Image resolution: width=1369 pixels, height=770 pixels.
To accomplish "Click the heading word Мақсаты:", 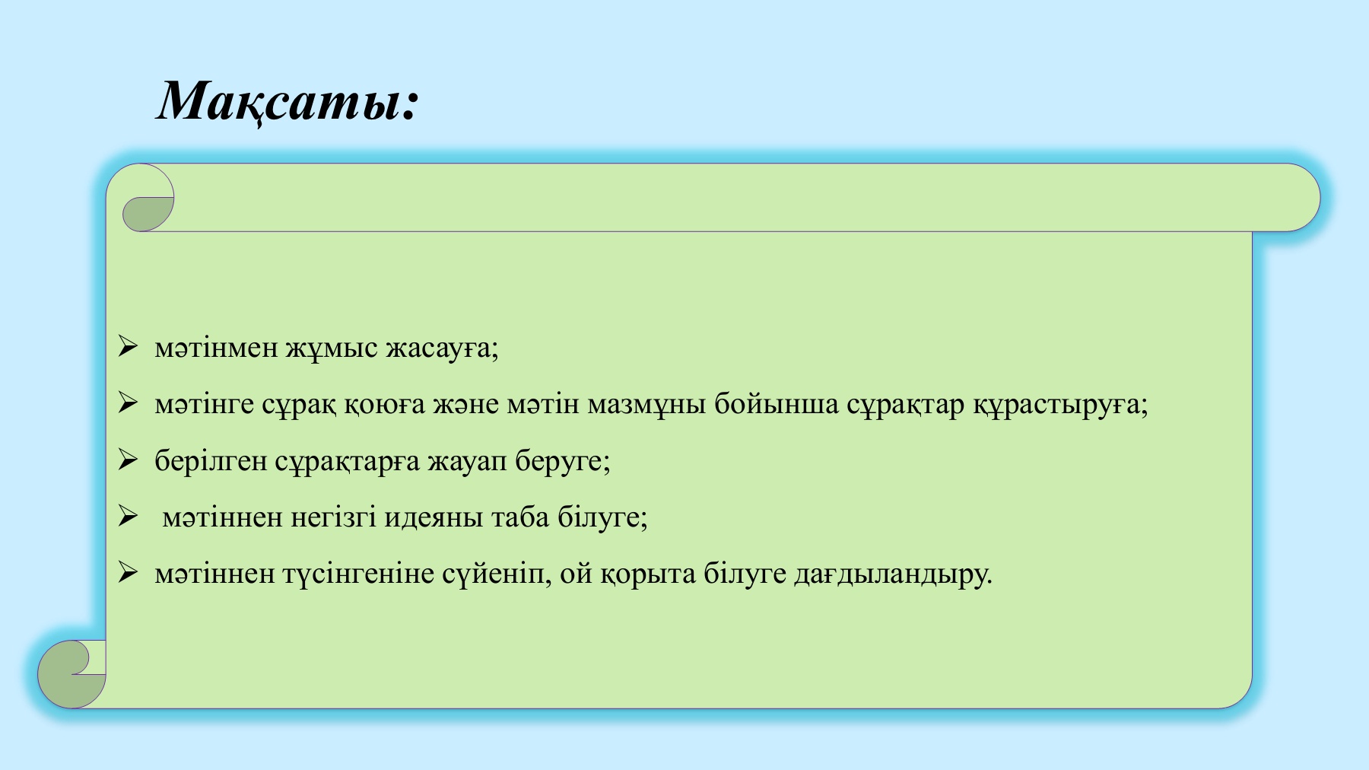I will tap(287, 101).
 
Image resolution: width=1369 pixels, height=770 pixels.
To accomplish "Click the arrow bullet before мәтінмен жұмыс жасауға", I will tap(128, 347).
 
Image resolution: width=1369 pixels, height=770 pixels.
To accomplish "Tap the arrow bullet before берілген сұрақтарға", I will tap(128, 460).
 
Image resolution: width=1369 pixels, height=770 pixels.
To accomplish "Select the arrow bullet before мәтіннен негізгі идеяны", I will tap(128, 517).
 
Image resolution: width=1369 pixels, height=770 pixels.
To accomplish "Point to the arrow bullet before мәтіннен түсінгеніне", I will tap(128, 573).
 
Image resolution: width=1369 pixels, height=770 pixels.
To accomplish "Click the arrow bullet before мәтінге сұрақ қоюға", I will tap(128, 403).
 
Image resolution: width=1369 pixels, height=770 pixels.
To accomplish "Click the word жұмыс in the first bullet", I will tap(332, 348).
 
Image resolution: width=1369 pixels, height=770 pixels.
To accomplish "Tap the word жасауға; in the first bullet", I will tap(442, 348).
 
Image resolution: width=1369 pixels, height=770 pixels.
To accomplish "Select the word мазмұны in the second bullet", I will tap(646, 404).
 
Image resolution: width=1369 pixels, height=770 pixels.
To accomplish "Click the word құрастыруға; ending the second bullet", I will tap(1060, 404).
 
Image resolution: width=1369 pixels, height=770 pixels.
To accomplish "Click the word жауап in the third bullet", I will tap(467, 461).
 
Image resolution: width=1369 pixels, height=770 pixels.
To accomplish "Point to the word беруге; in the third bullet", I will tap(563, 461).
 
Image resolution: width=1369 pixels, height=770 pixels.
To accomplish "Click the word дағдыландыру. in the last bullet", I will tap(893, 574).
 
